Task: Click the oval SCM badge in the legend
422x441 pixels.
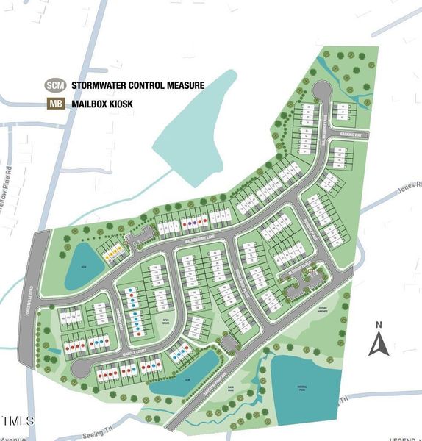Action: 55,85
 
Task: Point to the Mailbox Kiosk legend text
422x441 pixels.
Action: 102,104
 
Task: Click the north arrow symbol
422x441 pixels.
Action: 378,344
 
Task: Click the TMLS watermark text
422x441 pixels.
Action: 17,421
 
